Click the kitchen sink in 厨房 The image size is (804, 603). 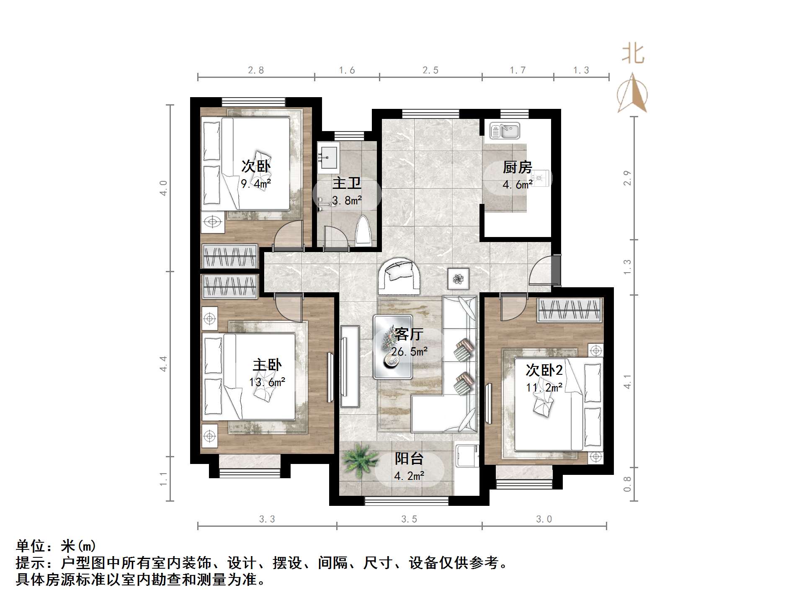click(505, 131)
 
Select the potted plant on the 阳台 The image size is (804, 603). click(358, 459)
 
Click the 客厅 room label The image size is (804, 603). click(409, 334)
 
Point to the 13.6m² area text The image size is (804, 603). click(267, 382)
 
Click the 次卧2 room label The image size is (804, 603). click(544, 370)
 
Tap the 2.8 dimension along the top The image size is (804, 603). click(256, 70)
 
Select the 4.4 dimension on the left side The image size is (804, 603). click(164, 363)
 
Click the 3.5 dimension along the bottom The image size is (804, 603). click(409, 519)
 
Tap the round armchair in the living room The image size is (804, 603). click(399, 276)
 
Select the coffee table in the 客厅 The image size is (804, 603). click(392, 347)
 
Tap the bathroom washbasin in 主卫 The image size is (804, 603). click(328, 158)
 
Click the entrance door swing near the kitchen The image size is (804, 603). click(540, 272)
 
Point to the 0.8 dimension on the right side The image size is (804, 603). click(627, 484)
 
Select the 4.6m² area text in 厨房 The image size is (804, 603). click(518, 185)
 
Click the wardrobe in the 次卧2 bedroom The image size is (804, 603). click(569, 311)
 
